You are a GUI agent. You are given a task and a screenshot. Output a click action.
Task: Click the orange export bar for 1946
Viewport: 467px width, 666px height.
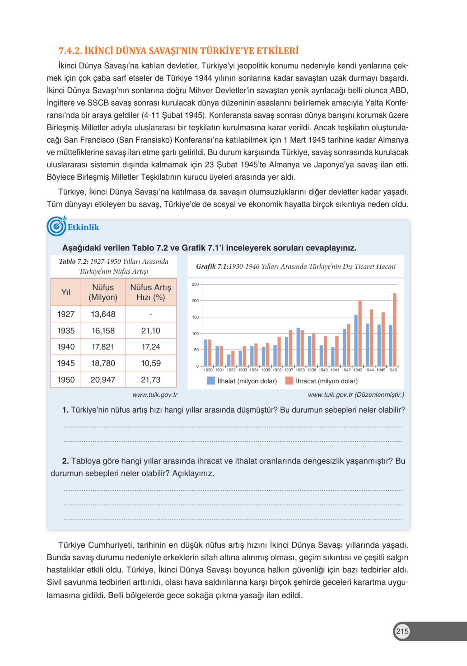(395, 330)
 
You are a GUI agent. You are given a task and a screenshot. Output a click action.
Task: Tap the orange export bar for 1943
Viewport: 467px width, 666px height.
(360, 333)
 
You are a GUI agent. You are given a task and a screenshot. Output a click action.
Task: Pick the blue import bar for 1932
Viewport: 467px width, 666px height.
(229, 360)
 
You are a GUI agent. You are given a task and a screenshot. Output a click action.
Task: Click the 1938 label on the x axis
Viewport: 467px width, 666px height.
(300, 370)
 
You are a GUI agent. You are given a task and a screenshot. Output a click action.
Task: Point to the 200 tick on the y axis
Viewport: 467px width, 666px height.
(195, 301)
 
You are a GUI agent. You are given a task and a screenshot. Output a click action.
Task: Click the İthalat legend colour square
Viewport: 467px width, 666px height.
(211, 381)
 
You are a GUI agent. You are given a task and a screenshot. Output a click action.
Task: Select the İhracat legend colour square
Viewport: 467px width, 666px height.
(289, 381)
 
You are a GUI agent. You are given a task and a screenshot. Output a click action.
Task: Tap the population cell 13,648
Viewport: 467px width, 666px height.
(103, 314)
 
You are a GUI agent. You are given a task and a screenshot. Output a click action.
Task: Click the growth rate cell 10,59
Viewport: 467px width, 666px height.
(150, 363)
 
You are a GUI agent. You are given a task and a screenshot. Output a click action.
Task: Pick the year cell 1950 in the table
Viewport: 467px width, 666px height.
(66, 380)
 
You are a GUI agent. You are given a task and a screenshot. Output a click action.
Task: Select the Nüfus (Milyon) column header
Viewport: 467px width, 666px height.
(103, 292)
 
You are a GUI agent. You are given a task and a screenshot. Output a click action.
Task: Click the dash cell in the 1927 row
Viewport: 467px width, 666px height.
(150, 314)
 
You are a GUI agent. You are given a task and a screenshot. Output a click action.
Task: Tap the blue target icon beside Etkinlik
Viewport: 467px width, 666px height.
(57, 226)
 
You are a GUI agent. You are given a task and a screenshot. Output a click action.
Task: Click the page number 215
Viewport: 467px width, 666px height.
(402, 631)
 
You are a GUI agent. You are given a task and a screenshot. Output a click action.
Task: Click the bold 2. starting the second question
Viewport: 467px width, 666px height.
(66, 461)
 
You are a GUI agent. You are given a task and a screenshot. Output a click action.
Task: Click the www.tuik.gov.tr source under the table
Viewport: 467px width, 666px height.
(155, 395)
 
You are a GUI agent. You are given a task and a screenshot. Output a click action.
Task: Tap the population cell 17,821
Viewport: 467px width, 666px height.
(103, 347)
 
